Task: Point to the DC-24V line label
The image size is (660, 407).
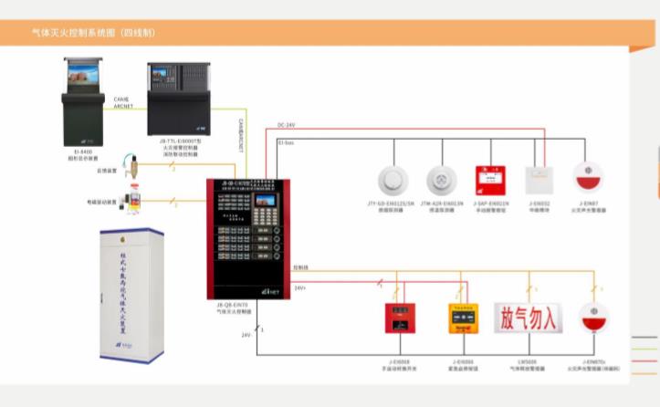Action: (x=287, y=125)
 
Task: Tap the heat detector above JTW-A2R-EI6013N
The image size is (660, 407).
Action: (x=441, y=179)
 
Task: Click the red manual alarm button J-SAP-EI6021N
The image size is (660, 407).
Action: (x=490, y=178)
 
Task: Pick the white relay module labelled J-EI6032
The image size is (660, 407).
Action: (x=540, y=178)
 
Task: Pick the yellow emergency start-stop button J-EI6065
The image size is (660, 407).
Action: (x=462, y=320)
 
